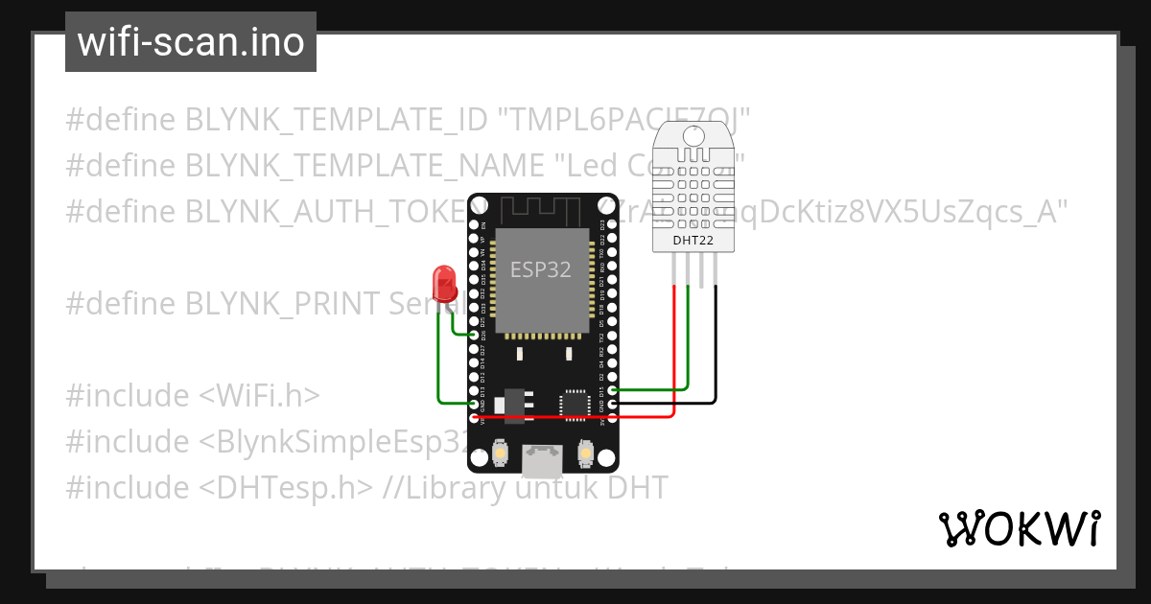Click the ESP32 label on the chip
tap(540, 270)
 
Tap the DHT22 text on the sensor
tap(693, 240)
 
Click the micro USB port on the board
tap(542, 461)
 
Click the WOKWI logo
tap(1018, 528)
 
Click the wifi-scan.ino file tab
tap(190, 42)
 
